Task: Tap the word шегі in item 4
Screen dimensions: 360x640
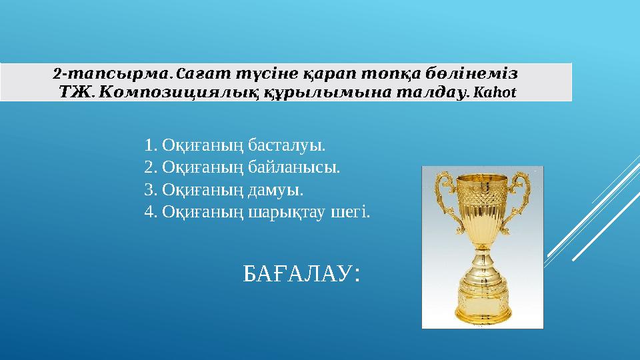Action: click(355, 212)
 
